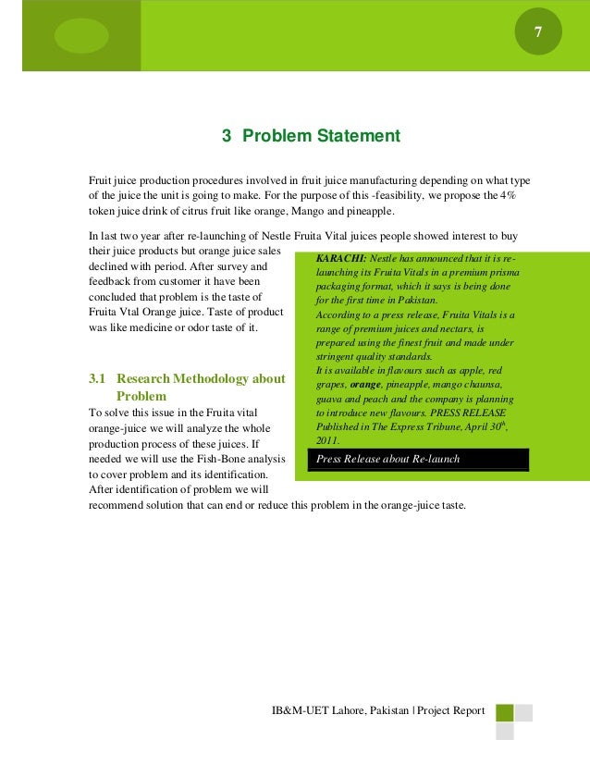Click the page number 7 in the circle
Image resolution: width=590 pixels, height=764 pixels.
[537, 34]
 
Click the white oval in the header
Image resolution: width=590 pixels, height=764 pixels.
[81, 35]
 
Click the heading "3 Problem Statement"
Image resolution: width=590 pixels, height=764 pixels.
[311, 137]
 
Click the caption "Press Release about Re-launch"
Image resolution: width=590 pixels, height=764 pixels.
[387, 460]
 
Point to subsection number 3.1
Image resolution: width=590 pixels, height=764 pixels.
[97, 379]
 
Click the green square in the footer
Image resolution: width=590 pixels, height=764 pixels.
[505, 713]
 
